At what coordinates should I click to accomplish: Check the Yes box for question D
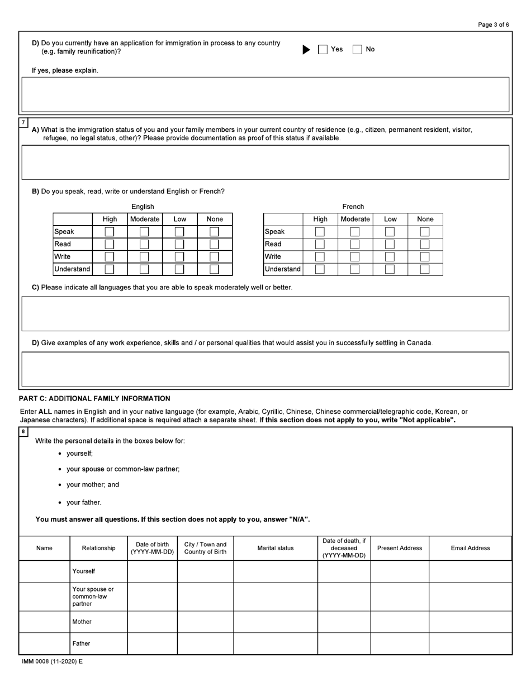(x=323, y=49)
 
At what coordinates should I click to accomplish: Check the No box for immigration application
(x=357, y=49)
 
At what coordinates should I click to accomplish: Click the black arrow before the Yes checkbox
(x=306, y=49)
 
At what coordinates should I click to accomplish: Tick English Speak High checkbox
(x=110, y=231)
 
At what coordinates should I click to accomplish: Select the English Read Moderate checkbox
(x=144, y=244)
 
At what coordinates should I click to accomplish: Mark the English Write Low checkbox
(x=179, y=256)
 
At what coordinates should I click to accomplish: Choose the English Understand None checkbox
(x=214, y=269)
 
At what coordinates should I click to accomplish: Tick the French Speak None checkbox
(x=425, y=231)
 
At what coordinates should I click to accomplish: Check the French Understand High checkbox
(x=320, y=269)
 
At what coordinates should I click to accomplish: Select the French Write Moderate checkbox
(x=355, y=256)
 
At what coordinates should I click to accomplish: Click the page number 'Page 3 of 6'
(x=494, y=25)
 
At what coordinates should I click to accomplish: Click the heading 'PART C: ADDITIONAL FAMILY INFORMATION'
(x=94, y=398)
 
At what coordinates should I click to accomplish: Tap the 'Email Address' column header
(x=470, y=548)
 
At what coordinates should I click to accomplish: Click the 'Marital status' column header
(x=275, y=548)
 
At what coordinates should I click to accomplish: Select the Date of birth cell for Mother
(x=152, y=622)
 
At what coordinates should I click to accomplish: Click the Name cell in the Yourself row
(x=44, y=571)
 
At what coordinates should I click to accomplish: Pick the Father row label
(x=81, y=643)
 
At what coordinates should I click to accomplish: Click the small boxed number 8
(x=23, y=432)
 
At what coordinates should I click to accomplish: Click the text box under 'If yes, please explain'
(x=265, y=94)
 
